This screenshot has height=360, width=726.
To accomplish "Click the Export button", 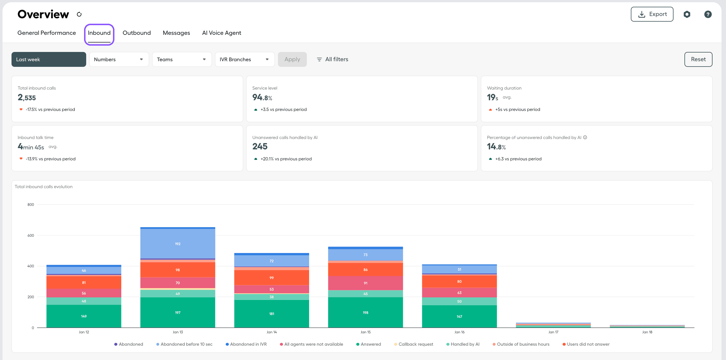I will [x=652, y=14].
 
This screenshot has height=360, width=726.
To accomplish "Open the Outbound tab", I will [x=136, y=33].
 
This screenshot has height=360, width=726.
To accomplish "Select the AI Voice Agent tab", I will [x=221, y=33].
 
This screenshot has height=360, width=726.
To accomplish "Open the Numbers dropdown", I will [x=119, y=59].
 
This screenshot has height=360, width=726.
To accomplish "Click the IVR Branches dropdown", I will [x=244, y=59].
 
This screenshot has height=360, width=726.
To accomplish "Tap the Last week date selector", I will [x=49, y=59].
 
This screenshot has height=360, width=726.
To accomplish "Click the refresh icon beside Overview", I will [x=79, y=14].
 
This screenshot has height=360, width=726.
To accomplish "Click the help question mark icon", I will [x=707, y=14].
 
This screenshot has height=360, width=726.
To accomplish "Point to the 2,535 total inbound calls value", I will [x=27, y=97].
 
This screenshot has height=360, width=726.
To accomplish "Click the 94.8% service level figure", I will [x=262, y=97].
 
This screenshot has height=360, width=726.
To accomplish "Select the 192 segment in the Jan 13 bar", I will [x=177, y=243].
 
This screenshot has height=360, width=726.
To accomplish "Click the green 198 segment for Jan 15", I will [x=365, y=312].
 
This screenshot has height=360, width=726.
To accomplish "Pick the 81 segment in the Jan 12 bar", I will [x=84, y=282].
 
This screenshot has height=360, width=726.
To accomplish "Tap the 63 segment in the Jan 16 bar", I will [x=459, y=292].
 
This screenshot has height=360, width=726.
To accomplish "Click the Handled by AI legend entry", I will [x=464, y=344].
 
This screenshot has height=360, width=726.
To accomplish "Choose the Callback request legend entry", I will [x=415, y=344].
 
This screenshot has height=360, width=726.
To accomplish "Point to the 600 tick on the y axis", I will [x=31, y=235].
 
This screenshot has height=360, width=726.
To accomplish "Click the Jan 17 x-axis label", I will [x=553, y=332].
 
